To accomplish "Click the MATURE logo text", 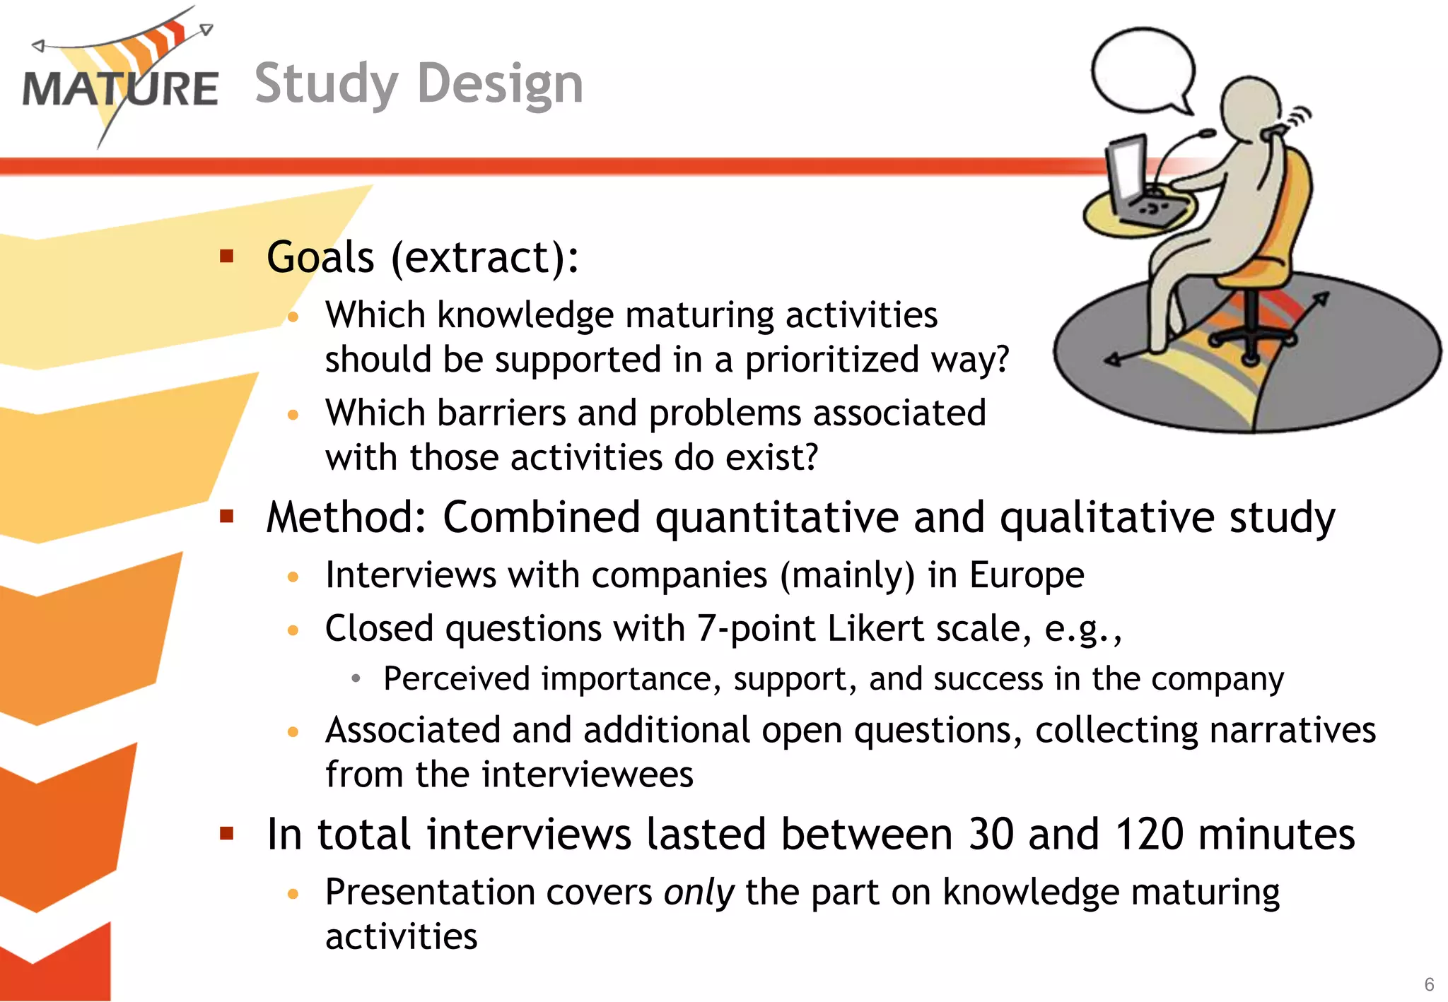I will pyautogui.click(x=120, y=89).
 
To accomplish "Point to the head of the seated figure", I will pyautogui.click(x=1252, y=106).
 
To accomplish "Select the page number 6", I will pyautogui.click(x=1429, y=984).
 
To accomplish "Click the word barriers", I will pyautogui.click(x=501, y=413).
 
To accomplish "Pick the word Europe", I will pyautogui.click(x=1026, y=574).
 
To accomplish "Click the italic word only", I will pyautogui.click(x=699, y=892).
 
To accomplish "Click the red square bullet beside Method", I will pyautogui.click(x=227, y=517).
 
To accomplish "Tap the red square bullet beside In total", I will pyautogui.click(x=227, y=834).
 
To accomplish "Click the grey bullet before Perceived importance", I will pyautogui.click(x=356, y=679).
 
